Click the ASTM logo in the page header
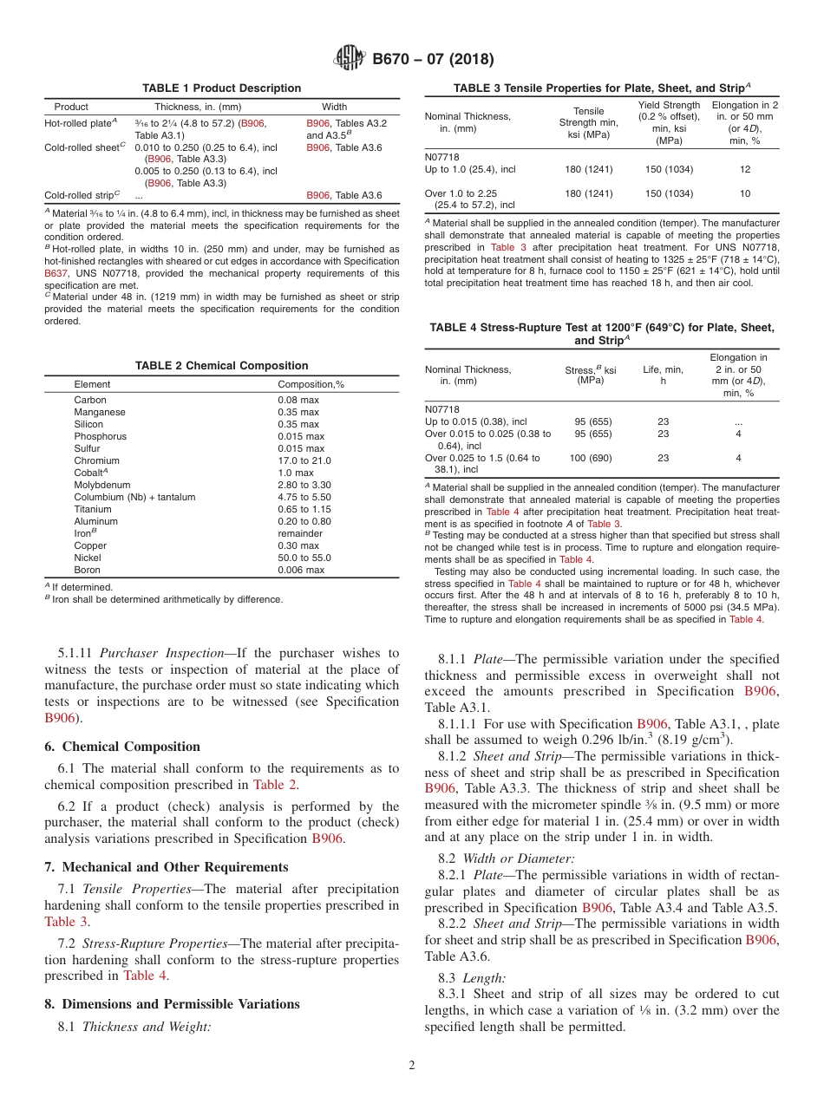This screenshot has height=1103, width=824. [350, 59]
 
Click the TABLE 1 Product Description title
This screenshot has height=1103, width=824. [221, 88]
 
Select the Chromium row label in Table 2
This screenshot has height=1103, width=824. [96, 460]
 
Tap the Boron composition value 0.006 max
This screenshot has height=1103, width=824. [301, 570]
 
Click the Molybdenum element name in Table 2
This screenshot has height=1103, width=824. [101, 485]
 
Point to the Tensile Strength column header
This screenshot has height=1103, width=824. [589, 122]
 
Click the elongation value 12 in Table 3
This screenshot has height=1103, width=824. [745, 170]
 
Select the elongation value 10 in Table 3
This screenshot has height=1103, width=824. [745, 193]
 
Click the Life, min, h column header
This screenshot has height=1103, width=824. [663, 375]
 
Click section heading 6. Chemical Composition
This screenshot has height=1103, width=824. [122, 747]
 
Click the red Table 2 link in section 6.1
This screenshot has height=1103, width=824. [275, 785]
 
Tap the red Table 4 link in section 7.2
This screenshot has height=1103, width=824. [144, 976]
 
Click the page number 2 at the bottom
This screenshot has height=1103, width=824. [412, 1066]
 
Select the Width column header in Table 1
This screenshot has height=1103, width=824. [334, 107]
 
